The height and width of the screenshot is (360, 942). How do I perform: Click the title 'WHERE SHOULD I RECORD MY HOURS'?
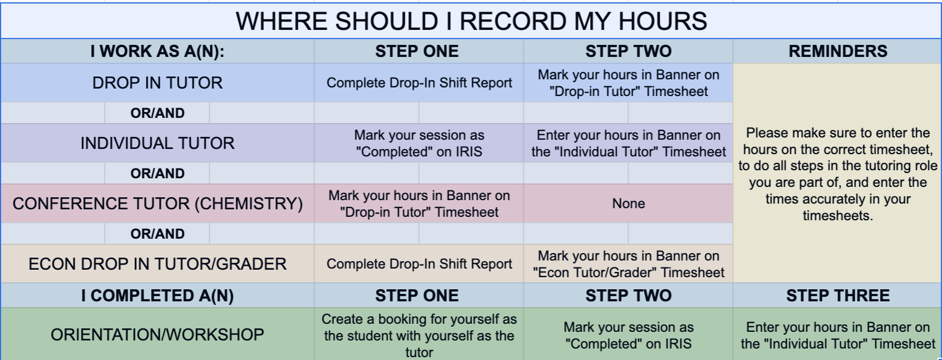[x=471, y=21]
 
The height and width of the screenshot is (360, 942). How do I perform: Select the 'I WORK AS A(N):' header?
[x=157, y=51]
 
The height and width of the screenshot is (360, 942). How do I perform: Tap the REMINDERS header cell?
[x=837, y=51]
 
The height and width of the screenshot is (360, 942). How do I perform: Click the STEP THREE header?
[x=837, y=296]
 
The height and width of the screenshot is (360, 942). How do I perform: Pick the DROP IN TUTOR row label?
[x=157, y=83]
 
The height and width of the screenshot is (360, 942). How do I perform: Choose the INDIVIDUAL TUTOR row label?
[x=157, y=143]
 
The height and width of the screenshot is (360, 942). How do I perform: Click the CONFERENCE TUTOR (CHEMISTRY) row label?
[x=157, y=204]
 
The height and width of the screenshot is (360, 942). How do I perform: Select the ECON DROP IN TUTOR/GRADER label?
[x=157, y=264]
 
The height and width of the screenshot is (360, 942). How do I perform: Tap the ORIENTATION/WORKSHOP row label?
[x=157, y=335]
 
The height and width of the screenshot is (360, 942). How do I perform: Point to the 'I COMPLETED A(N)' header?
[x=157, y=296]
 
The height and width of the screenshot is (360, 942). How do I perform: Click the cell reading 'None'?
[x=628, y=204]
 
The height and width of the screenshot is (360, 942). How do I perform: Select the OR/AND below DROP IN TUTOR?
[x=157, y=113]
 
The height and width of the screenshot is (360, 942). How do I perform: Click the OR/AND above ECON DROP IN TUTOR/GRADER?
[x=157, y=234]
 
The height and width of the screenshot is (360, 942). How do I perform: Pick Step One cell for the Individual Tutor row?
[x=419, y=143]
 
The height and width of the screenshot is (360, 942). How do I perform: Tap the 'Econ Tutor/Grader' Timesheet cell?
[x=628, y=264]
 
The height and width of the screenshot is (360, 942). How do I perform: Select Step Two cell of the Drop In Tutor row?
[x=628, y=83]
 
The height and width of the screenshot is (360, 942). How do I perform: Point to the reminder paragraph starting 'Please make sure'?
[x=837, y=174]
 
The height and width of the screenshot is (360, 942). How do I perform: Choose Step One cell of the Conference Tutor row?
[x=419, y=204]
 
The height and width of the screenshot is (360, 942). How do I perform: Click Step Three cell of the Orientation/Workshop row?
[x=837, y=335]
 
